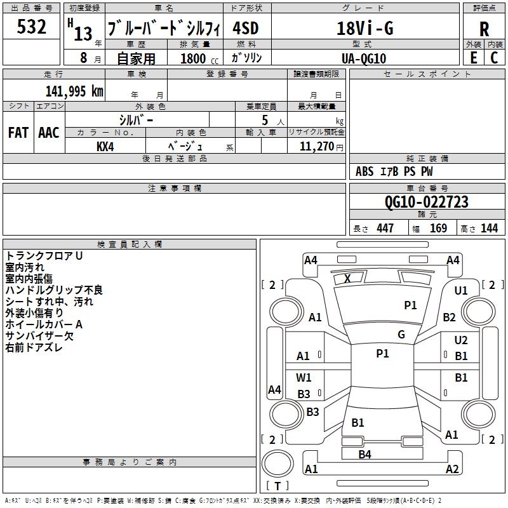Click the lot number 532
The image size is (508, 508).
tap(32, 27)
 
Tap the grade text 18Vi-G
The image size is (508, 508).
tap(365, 29)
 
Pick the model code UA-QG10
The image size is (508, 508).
tap(364, 58)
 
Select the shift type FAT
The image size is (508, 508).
tap(18, 133)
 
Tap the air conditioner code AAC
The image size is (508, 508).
tap(49, 133)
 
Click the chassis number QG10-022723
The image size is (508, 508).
tap(427, 202)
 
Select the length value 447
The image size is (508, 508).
tap(385, 228)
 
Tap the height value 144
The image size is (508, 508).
tap(490, 228)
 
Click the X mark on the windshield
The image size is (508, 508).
tap(347, 278)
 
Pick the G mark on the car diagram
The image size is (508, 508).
tap(401, 334)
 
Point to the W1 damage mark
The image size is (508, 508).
tap(304, 378)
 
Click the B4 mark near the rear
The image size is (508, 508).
tap(364, 454)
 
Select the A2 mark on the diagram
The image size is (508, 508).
tap(452, 469)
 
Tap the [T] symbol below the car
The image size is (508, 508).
tap(277, 486)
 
